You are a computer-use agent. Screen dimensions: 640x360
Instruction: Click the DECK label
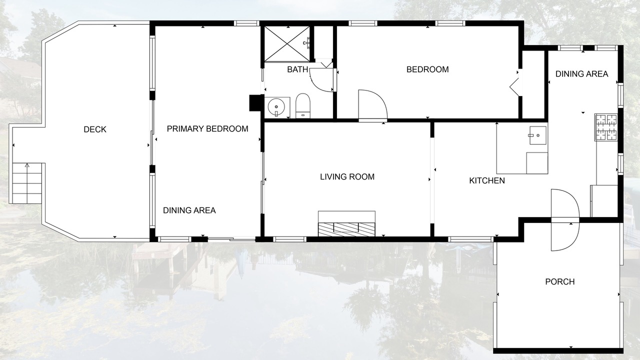pos(95,129)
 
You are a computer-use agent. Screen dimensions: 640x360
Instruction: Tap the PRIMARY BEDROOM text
pos(207,129)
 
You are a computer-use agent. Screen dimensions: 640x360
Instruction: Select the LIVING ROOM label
pos(347,177)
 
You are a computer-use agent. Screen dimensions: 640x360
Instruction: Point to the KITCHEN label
pos(487,180)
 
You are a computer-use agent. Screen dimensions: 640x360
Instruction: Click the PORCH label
pos(559,281)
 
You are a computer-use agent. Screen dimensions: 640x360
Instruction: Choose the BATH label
pos(297,69)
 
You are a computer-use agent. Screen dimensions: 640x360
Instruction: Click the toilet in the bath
pos(303,105)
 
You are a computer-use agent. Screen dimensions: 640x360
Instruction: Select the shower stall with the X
pos(287,43)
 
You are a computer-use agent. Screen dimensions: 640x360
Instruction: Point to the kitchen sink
pos(537,135)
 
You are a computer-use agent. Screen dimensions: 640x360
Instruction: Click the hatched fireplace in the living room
pos(346,229)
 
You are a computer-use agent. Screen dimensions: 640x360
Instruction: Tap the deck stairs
pos(27,183)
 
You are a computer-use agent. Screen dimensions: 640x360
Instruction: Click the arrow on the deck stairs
pos(27,165)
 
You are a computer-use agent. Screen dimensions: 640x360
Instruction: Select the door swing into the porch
pos(565,220)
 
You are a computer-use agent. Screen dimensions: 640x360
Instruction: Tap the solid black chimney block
pos(255,103)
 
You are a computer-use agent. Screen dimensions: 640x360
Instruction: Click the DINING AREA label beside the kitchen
pos(581,74)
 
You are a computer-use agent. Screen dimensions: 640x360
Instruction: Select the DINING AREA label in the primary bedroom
pos(189,210)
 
